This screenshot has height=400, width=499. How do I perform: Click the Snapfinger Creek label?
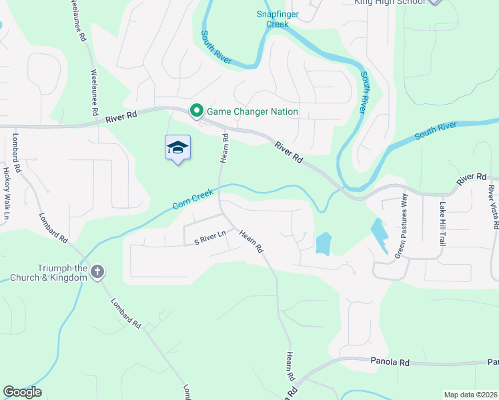[273, 19]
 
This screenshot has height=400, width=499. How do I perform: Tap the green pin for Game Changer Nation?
[197, 111]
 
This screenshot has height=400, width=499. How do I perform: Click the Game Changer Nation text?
[252, 111]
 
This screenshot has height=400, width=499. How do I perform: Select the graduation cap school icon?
[177, 147]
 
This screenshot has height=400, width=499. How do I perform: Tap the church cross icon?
[97, 271]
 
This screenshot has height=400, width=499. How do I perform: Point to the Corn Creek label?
[193, 199]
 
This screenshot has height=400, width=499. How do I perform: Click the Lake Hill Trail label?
[441, 223]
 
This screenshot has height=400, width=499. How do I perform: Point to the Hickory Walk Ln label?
[7, 194]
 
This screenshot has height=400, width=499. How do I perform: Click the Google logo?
[22, 392]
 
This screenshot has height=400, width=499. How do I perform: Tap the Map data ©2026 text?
[470, 395]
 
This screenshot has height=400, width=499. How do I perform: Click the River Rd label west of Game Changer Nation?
[121, 116]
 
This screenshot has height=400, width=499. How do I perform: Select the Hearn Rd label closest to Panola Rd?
[290, 366]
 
